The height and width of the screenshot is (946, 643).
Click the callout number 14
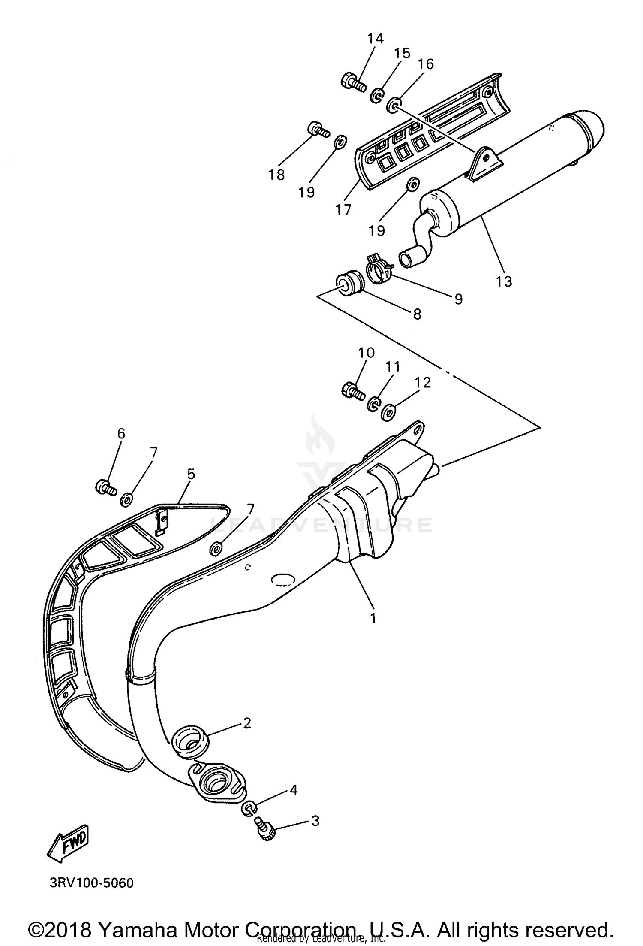(x=375, y=39)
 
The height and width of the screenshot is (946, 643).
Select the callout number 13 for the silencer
(x=504, y=281)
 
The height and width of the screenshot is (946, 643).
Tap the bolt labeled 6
(x=105, y=487)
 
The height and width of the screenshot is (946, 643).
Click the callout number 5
(x=191, y=474)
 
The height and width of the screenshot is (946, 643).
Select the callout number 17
(x=343, y=209)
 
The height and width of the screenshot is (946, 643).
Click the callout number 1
(x=373, y=618)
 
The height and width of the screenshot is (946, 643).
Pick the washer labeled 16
(x=394, y=106)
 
